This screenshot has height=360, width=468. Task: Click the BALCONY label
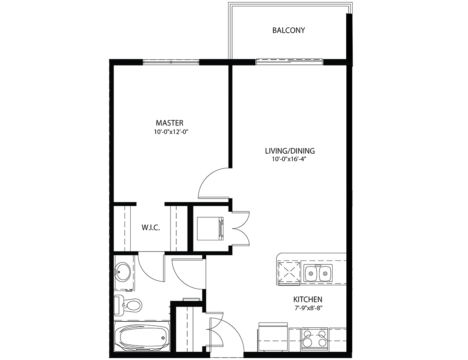tap(289, 30)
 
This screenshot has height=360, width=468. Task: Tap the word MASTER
tap(170, 123)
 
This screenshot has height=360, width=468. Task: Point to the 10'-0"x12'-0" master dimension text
tap(171, 132)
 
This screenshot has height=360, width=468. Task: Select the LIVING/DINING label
tap(290, 151)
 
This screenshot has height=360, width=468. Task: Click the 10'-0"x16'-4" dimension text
tap(289, 159)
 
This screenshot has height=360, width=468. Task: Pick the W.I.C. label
tap(151, 227)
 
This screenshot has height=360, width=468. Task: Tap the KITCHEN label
tap(308, 299)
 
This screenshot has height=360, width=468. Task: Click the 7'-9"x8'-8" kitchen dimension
tap(308, 309)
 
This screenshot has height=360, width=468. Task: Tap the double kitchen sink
tap(318, 273)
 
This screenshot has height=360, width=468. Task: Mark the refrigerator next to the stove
tap(273, 338)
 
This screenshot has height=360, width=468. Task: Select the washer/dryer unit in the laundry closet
tap(210, 229)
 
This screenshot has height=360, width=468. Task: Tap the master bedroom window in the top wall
tap(171, 62)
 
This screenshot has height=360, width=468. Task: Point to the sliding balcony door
tap(289, 62)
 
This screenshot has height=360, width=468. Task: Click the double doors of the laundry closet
tap(241, 229)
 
